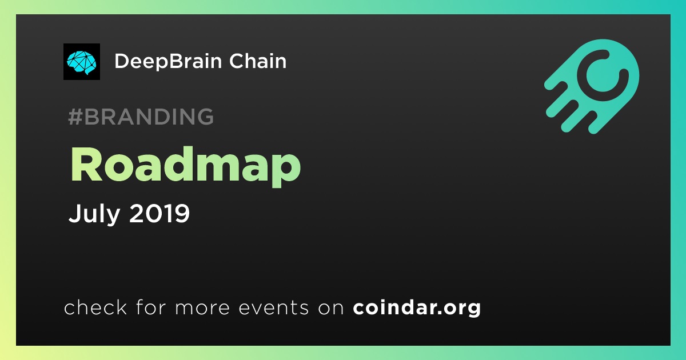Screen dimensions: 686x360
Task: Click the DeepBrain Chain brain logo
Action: (81, 62)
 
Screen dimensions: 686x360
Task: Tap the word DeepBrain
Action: (168, 62)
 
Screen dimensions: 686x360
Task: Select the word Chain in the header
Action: (258, 61)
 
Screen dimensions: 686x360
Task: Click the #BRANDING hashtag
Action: (141, 117)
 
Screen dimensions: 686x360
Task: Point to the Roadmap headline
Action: (186, 166)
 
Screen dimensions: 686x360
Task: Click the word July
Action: (94, 214)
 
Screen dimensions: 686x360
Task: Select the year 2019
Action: (159, 213)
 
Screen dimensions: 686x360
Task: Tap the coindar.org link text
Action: (417, 307)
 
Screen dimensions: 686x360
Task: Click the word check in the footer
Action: (95, 307)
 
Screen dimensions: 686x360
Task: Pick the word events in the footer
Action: (274, 307)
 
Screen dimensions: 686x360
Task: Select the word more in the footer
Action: (202, 308)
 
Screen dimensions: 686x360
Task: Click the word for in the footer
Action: (151, 307)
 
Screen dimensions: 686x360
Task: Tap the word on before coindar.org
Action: (331, 308)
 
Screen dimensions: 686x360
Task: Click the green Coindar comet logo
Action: (592, 86)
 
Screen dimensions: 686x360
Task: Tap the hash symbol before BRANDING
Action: (75, 117)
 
